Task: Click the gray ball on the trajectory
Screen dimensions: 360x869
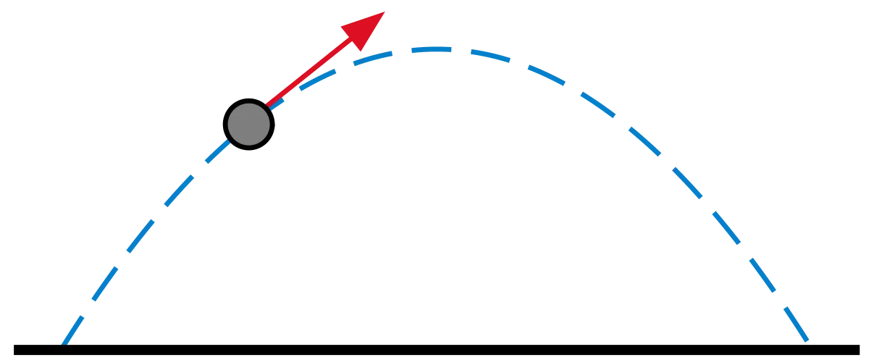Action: pyautogui.click(x=248, y=124)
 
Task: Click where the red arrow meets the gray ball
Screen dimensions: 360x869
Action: pyautogui.click(x=267, y=107)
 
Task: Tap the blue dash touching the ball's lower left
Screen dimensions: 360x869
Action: pyautogui.click(x=217, y=153)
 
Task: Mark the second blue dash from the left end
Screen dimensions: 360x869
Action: pyautogui.click(x=100, y=287)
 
